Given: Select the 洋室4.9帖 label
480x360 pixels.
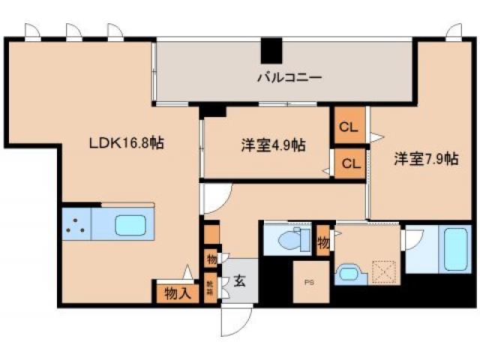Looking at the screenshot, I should (273, 145).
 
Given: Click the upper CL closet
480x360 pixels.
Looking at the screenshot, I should (349, 127).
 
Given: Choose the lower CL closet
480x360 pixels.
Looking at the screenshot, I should (349, 162).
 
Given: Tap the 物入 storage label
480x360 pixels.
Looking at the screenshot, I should (178, 292).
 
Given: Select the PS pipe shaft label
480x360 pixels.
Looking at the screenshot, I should (310, 283).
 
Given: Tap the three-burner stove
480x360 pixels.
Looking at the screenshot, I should (75, 225).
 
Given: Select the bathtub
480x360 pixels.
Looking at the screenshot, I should (457, 250).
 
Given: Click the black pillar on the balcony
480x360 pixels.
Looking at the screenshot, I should (271, 50).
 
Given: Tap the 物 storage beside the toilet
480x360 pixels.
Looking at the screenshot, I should (323, 242).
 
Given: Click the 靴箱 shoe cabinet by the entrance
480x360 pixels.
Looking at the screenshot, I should (211, 287).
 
